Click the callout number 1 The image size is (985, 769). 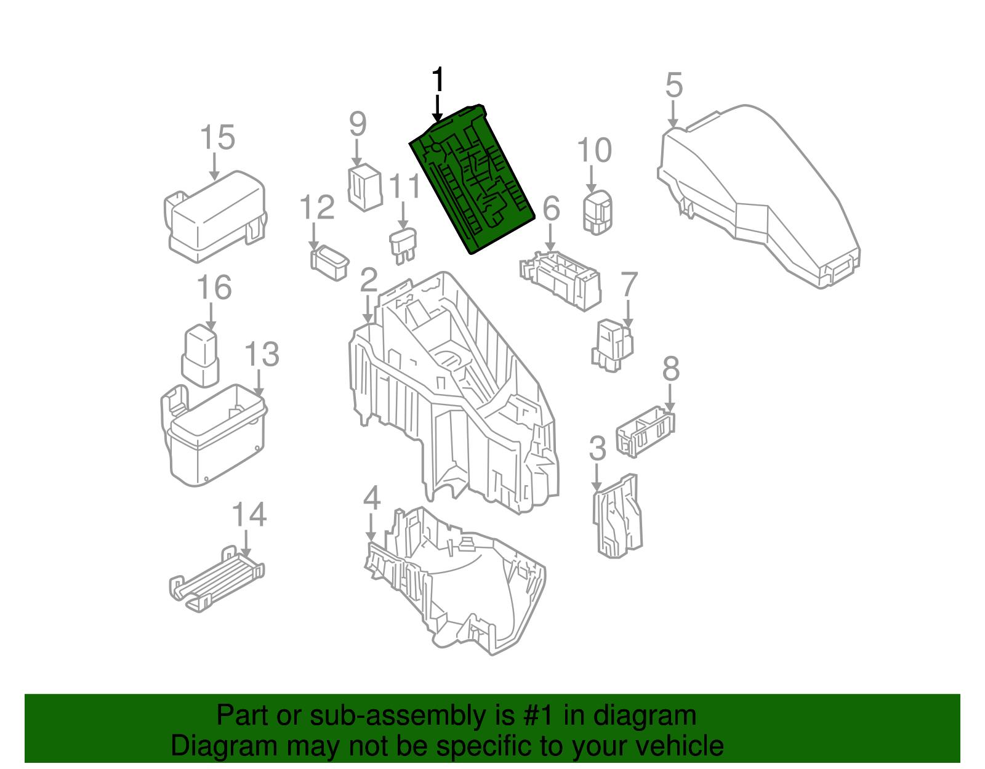(438, 81)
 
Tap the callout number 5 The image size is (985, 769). (674, 86)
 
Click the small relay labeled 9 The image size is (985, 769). (365, 187)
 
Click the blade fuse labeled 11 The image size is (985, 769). (404, 244)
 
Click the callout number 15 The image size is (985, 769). (217, 137)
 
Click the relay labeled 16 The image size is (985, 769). (201, 355)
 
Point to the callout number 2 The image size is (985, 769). (368, 280)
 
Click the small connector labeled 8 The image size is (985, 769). (646, 430)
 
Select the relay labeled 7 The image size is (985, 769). (613, 345)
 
